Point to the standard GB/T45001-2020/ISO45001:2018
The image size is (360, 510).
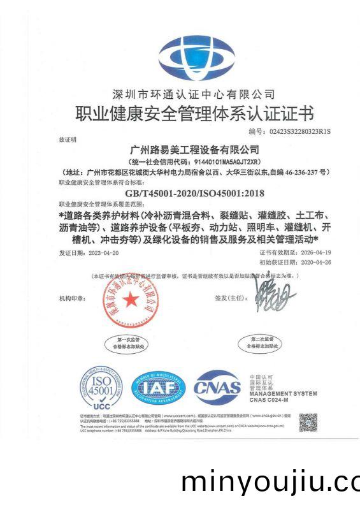coord(195,193)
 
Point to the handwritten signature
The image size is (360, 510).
coord(276,295)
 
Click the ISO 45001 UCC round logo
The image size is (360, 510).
coord(101,387)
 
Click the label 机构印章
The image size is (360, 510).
coord(71,298)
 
